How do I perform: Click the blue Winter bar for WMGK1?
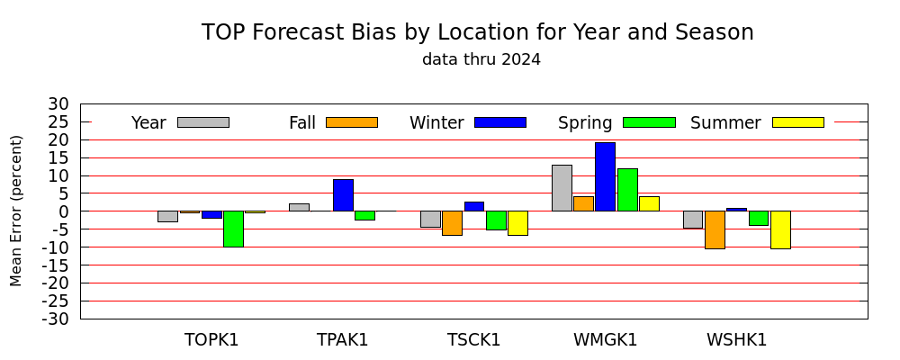[x=605, y=176]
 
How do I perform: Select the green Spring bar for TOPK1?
[x=234, y=229]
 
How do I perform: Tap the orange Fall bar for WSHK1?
[x=715, y=229]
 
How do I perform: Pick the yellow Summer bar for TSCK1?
[x=517, y=223]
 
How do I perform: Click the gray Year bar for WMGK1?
[x=562, y=188]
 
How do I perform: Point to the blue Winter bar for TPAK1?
[x=343, y=195]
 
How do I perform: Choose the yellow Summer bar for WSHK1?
[x=780, y=229]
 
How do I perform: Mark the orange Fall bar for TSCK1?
[x=453, y=223]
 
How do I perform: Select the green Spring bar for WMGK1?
[x=627, y=190]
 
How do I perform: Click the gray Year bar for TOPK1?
[x=167, y=217]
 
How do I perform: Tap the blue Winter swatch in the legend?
[x=500, y=122]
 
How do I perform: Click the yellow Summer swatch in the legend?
[x=798, y=122]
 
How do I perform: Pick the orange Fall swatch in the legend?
[x=352, y=122]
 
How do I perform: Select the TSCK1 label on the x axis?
[x=473, y=340]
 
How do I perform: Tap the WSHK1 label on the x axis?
[x=736, y=340]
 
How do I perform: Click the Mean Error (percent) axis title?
[x=16, y=211]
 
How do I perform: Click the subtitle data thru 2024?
[x=481, y=59]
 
